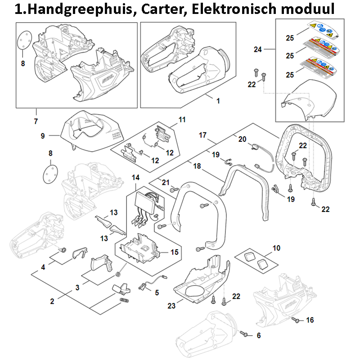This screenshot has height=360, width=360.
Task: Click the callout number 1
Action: [x=218, y=101]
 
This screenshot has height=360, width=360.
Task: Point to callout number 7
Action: [x=36, y=121]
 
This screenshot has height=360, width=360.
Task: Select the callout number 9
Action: [x=43, y=135]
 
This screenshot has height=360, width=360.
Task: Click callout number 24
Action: [x=257, y=49]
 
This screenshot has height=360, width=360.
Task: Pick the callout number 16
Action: [x=310, y=320]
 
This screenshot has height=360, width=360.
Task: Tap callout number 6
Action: [x=258, y=335]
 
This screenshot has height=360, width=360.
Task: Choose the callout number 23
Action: [x=171, y=306]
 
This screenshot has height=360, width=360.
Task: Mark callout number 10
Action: [x=276, y=247]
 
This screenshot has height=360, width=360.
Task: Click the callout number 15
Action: [x=174, y=252]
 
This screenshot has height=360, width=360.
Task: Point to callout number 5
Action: [x=157, y=293]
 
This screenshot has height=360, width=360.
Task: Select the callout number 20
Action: [x=242, y=139]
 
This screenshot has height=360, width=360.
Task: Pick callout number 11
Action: [x=182, y=120]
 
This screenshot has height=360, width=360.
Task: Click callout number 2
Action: [x=52, y=301]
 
